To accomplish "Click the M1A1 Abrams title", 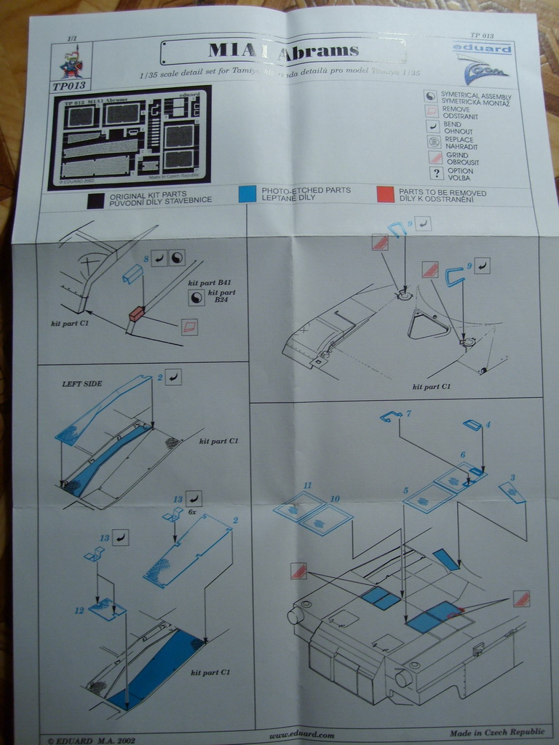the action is pos(283,50).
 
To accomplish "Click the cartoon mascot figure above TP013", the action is pos(71,64).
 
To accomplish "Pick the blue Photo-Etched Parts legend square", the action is pos(247,194).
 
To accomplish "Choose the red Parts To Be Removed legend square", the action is pos(385,194).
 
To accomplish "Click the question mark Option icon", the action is pos(436,173).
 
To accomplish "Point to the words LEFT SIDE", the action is pos(82,383).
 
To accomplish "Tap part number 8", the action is pos(146,258).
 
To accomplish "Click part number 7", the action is pos(408,413).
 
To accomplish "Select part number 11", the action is pos(307,485).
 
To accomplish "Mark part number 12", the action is pos(79,610).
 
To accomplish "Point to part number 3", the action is pos(512,478).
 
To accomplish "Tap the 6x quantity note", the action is pos(192,512).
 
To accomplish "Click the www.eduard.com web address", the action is pos(301,735).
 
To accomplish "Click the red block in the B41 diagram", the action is pos(136,314).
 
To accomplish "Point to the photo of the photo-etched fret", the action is pos(130,138).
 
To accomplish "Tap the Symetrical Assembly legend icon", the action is pos(431,96).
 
